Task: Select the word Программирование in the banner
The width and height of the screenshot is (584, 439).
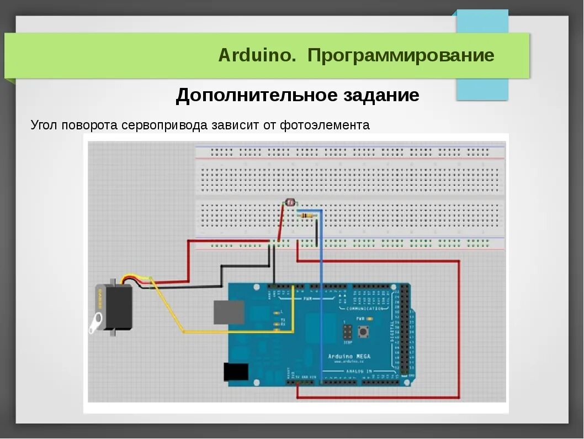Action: (x=401, y=55)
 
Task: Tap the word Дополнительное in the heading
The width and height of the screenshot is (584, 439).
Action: (x=256, y=95)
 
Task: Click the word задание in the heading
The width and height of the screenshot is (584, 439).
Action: (x=381, y=95)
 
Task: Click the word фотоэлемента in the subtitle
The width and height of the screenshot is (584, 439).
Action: (x=325, y=125)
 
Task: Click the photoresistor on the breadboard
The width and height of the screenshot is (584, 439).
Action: (x=289, y=203)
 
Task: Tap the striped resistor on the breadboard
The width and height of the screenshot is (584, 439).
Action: (x=307, y=216)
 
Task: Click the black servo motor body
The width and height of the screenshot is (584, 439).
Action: (x=117, y=307)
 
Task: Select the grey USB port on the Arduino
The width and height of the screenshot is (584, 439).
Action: (x=229, y=312)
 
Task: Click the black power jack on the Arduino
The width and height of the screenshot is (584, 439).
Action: (x=236, y=372)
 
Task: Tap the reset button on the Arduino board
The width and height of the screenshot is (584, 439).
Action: (x=364, y=332)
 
